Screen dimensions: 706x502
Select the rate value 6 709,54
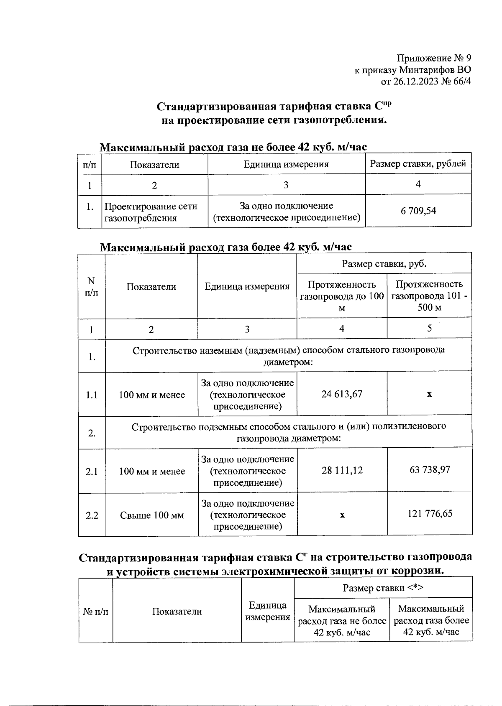tap(418, 211)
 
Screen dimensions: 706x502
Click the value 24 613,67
tap(342, 394)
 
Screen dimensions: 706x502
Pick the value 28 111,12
tap(342, 470)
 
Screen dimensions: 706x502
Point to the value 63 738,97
tap(430, 469)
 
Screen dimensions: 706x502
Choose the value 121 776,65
tap(430, 513)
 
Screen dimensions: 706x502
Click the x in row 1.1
tap(429, 394)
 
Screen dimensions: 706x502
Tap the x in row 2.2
tap(342, 515)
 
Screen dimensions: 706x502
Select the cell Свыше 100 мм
tap(151, 515)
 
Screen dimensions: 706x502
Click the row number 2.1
tap(92, 472)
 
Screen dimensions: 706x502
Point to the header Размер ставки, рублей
tap(418, 164)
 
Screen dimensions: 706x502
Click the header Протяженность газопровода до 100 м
tap(342, 296)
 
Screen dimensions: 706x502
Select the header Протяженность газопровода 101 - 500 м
tap(429, 296)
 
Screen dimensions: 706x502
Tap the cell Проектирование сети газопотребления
tap(151, 212)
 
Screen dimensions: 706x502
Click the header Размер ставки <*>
tap(383, 588)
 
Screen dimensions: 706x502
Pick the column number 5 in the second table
tap(429, 328)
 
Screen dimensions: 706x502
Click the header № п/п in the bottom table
tap(95, 612)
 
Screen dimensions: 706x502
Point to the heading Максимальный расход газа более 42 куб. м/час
tap(226, 247)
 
